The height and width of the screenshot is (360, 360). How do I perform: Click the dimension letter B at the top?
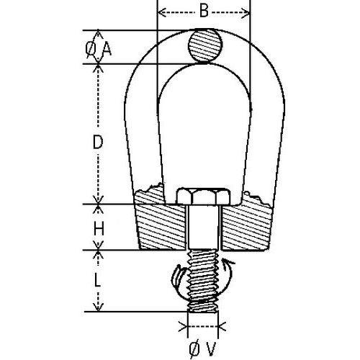(x=204, y=12)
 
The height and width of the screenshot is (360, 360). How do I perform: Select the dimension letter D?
(x=99, y=143)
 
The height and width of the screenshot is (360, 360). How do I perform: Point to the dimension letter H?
(x=100, y=229)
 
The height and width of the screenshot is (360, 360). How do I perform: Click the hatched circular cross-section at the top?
(x=204, y=47)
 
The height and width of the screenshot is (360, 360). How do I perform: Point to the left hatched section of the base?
(x=160, y=225)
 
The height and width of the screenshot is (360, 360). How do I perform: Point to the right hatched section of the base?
(x=245, y=225)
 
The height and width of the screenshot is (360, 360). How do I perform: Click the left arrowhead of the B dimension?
(x=161, y=12)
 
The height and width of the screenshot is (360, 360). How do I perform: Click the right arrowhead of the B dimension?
(x=248, y=12)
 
